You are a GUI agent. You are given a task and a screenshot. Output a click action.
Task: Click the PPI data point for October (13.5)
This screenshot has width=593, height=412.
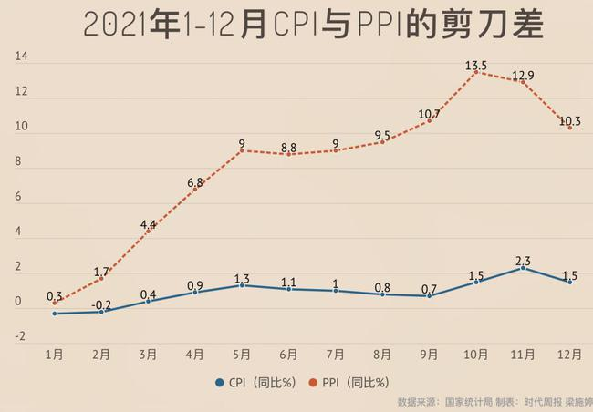[475, 72]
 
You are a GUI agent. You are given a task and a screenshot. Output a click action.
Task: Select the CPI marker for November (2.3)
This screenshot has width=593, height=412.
[523, 268]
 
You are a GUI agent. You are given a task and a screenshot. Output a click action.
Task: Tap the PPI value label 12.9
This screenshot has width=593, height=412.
[523, 74]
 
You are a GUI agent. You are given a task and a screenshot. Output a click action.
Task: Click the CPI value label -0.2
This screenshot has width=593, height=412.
[101, 304]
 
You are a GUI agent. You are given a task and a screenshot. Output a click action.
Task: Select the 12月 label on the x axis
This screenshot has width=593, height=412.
[570, 355]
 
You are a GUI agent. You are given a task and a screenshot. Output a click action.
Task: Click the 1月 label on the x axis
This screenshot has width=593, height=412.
[55, 355]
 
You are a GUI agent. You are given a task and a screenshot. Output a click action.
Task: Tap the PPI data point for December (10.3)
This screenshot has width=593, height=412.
[570, 128]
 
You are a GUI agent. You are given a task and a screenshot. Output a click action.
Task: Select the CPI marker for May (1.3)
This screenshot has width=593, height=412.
[242, 285]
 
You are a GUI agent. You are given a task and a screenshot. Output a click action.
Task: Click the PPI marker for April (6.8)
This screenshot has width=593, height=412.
[194, 189]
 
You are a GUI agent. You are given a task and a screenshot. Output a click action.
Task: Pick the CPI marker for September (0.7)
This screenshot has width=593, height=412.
[429, 296]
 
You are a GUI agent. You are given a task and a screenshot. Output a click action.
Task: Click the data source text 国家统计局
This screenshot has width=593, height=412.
[468, 402]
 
